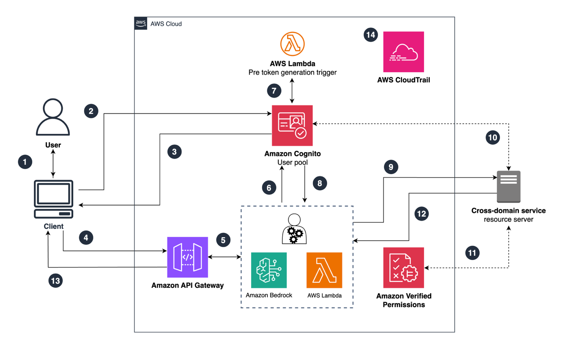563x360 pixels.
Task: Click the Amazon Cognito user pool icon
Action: [292, 125]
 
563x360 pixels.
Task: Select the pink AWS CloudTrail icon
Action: [404, 52]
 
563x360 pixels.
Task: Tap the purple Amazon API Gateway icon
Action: [187, 257]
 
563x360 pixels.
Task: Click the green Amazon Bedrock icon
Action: [269, 270]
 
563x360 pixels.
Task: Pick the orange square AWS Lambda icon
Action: [324, 270]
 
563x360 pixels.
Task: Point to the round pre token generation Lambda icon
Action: [292, 44]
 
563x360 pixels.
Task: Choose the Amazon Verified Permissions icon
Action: [404, 267]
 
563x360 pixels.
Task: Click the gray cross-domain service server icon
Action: [508, 186]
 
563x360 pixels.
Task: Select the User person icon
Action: [53, 117]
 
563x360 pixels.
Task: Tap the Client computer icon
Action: [54, 199]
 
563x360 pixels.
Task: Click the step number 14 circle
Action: [370, 35]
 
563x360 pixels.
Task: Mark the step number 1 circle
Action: [25, 162]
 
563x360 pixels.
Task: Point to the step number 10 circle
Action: [493, 137]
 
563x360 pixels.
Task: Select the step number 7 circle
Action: [274, 91]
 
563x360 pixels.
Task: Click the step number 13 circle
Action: [56, 281]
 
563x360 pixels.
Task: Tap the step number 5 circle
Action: [223, 240]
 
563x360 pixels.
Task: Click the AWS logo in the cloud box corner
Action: [141, 23]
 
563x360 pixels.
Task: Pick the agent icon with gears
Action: [294, 229]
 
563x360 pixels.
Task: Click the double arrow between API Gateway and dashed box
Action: [224, 257]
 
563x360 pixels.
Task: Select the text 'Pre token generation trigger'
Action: [292, 72]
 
